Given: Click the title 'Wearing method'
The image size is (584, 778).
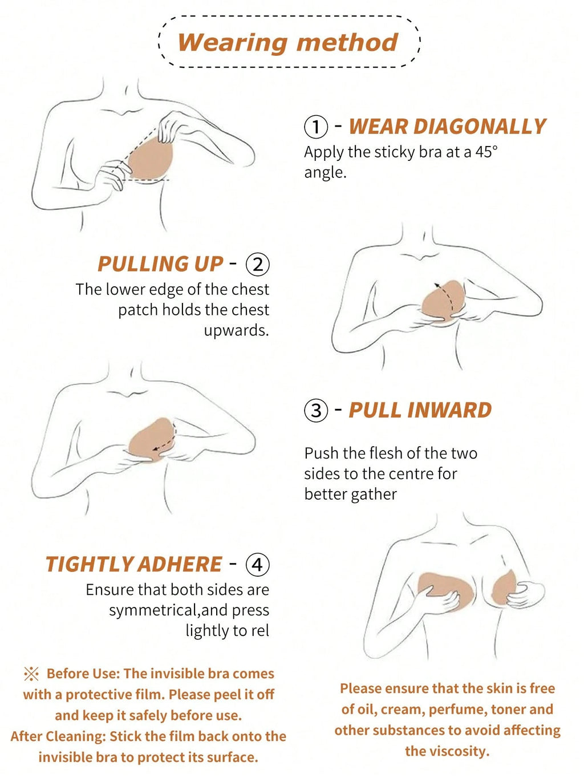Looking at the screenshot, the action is point(288,43).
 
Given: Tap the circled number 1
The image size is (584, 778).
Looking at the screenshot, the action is point(316,128).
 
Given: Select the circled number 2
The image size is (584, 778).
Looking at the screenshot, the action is point(258,265).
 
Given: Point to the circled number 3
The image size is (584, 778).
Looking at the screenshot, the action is point(316,411).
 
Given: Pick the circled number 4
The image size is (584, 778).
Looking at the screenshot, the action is point(258,564).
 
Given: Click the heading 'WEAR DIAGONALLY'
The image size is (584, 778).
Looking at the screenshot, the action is point(448,127).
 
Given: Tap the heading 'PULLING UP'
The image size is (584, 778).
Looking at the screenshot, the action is point(160,264).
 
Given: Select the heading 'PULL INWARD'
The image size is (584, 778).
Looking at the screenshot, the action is point(420,410).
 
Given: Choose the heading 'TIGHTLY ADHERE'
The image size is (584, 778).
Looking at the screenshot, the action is point(133,564).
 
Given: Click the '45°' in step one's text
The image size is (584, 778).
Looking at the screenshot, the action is point(486,152).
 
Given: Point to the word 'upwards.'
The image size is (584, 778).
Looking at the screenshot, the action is point(236,330).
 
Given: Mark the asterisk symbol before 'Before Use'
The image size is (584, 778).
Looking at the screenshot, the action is point(31,674).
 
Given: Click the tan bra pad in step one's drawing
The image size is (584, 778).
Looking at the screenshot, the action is point(151,159).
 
